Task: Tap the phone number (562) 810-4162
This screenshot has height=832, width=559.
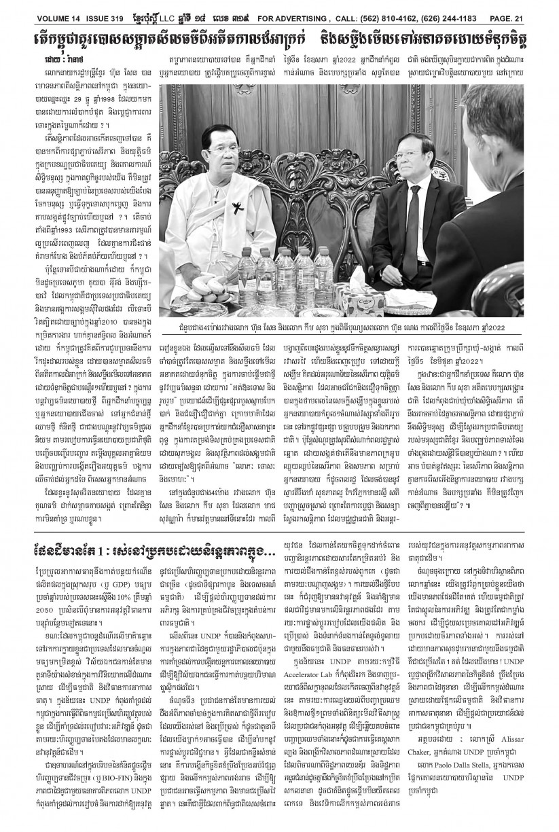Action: point(383,8)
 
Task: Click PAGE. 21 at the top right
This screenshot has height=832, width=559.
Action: point(528,8)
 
